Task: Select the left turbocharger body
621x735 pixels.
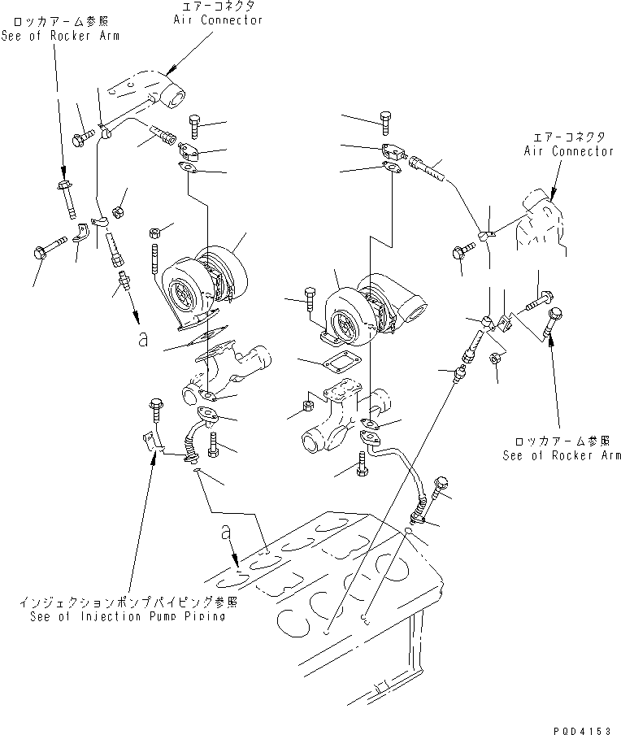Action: pyautogui.click(x=203, y=281)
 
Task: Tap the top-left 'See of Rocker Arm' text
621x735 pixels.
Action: pyautogui.click(x=61, y=37)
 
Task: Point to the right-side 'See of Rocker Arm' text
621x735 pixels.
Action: pyautogui.click(x=562, y=455)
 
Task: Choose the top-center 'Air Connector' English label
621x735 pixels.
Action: pyautogui.click(x=218, y=20)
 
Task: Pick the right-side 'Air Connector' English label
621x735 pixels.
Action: pyautogui.click(x=569, y=151)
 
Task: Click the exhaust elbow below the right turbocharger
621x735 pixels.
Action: pyautogui.click(x=345, y=415)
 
